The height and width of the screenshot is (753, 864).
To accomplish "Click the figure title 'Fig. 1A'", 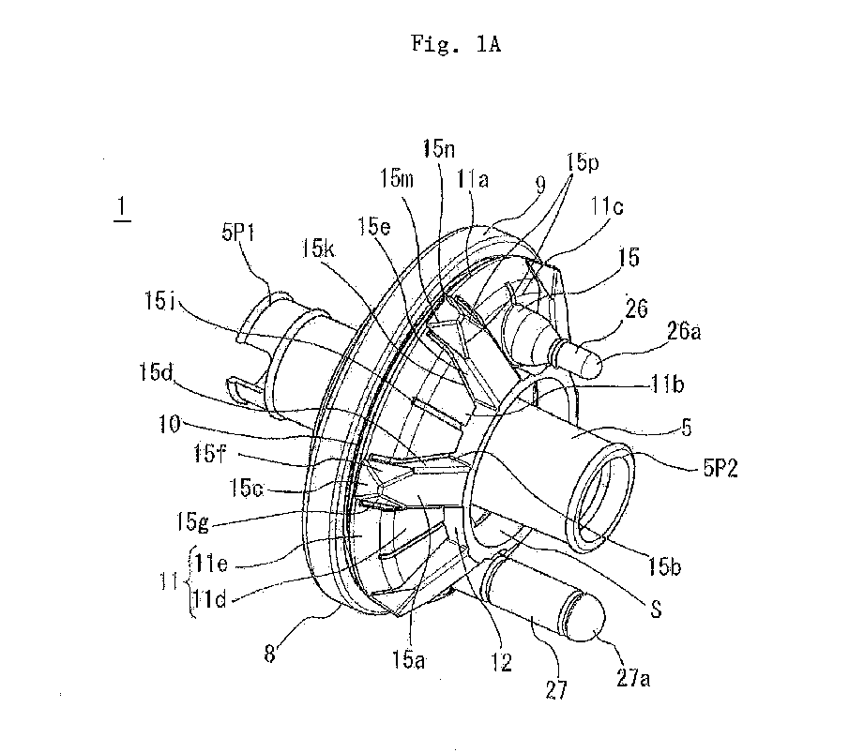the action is pyautogui.click(x=456, y=43).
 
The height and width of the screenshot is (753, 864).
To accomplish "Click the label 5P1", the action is pyautogui.click(x=238, y=232).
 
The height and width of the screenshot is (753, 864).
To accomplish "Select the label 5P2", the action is pyautogui.click(x=720, y=468).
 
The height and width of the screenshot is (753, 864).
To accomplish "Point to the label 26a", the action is pyautogui.click(x=684, y=331).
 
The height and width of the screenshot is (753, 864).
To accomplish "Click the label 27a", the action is pyautogui.click(x=633, y=678).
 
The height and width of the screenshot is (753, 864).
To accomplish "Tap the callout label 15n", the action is pyautogui.click(x=439, y=148).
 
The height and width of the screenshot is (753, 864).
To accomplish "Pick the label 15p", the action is pyautogui.click(x=583, y=163).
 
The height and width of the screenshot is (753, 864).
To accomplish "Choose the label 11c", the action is pyautogui.click(x=607, y=206).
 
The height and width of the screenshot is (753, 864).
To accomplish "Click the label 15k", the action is pyautogui.click(x=318, y=248).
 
